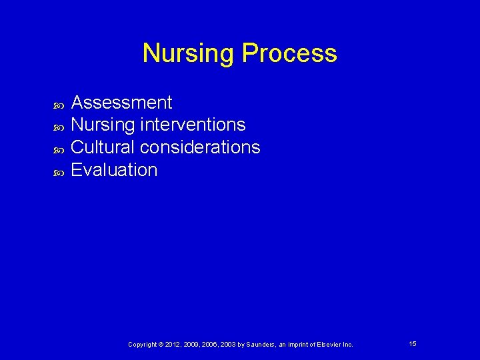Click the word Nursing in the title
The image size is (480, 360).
(189, 53)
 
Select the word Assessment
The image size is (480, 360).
(121, 103)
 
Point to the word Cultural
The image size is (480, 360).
(103, 147)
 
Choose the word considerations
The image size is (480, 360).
(201, 147)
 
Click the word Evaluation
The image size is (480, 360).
(114, 170)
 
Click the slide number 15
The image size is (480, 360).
(413, 343)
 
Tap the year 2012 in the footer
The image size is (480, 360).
(173, 345)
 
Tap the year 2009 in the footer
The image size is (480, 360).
(191, 345)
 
